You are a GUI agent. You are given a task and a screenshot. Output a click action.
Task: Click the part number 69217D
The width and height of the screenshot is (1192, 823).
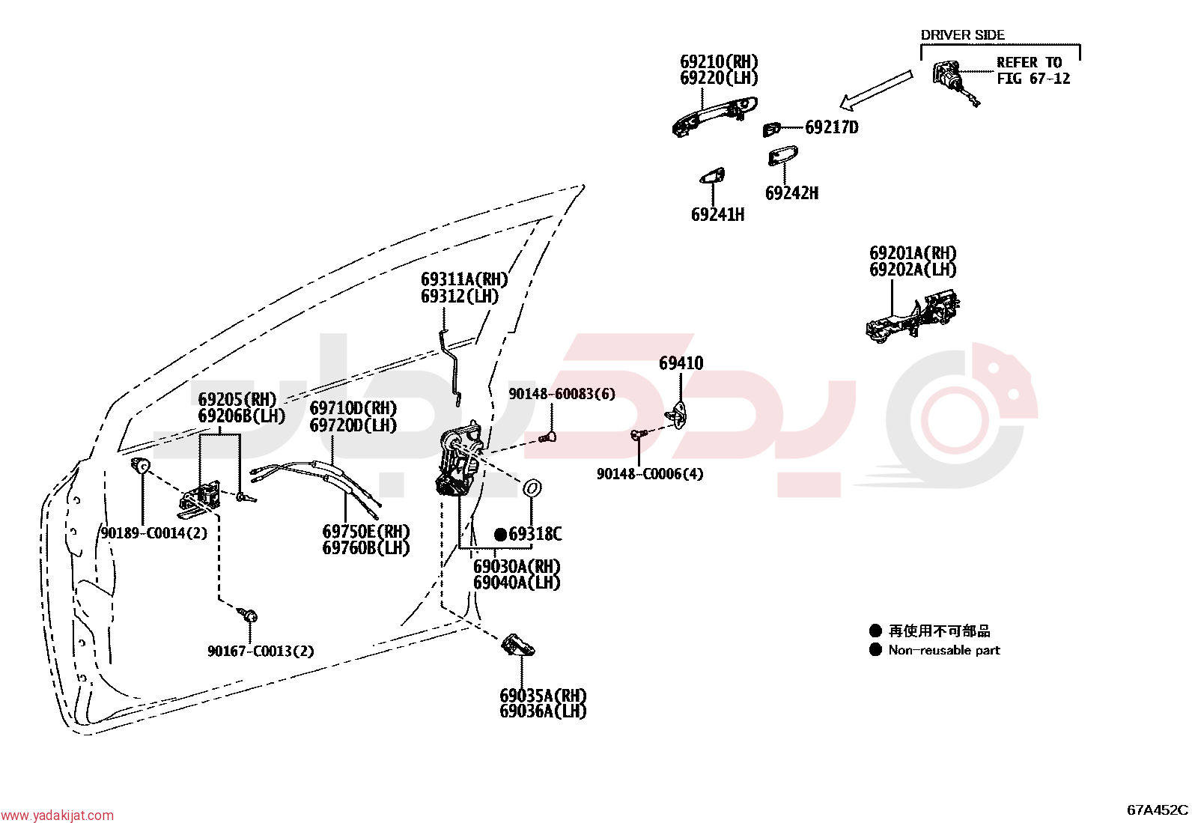832,127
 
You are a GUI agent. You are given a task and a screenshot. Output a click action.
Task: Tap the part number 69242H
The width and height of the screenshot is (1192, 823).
792,192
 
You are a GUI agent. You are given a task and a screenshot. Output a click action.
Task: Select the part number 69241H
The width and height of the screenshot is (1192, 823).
718,214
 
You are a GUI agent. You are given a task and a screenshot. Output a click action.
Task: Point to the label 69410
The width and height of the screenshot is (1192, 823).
681,363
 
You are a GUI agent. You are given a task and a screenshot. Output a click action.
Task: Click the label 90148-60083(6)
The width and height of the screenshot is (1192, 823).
562,394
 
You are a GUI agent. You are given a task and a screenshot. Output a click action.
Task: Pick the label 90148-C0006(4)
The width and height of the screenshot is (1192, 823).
650,474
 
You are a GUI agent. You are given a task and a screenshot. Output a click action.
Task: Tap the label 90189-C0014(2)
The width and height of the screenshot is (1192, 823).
153,533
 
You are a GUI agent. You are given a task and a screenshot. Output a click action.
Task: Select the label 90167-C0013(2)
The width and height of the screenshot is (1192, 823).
261,651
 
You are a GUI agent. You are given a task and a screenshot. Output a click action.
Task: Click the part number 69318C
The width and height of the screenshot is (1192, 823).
535,534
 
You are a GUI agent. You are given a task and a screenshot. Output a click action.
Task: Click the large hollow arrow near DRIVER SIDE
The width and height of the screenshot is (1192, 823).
876,89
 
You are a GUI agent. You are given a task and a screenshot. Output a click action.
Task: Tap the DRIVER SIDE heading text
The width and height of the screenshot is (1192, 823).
963,35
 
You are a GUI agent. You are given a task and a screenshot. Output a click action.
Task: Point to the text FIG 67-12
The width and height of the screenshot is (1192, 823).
1033,79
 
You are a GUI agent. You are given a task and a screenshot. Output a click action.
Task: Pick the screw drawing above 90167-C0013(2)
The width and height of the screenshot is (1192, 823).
247,615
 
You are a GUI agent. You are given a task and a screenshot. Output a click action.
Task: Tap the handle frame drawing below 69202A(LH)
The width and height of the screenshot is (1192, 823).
912,318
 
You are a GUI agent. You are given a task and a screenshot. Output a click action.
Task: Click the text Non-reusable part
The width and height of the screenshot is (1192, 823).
944,650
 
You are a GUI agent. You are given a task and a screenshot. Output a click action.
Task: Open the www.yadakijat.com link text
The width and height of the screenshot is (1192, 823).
57,816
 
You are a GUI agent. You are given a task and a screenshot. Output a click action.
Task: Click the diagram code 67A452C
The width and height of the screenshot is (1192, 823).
1158,810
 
